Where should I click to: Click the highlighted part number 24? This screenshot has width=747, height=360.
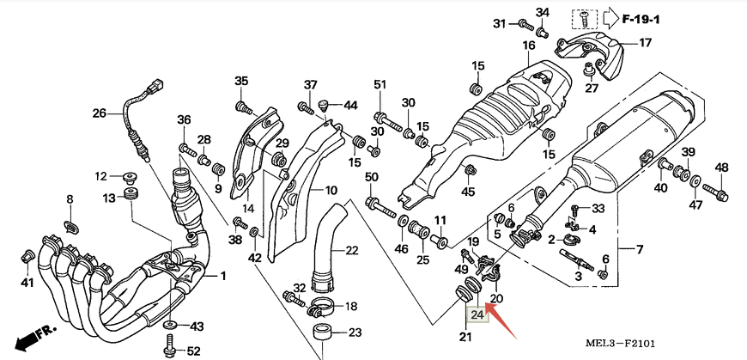coord(478,315)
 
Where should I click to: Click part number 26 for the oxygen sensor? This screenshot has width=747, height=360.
coord(99,113)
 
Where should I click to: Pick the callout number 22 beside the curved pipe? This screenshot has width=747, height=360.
coord(352,251)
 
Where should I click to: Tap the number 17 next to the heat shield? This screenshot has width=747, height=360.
coord(644,42)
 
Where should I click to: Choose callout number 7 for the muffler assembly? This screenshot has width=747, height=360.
coord(639,250)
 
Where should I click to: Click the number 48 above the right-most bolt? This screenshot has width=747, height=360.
coord(721,168)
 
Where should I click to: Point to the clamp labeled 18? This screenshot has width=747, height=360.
coord(321,306)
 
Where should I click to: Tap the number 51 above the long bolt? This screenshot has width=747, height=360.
coord(380,84)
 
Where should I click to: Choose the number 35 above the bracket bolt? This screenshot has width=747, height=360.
coord(241,82)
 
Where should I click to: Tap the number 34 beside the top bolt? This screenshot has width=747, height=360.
coord(542,12)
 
